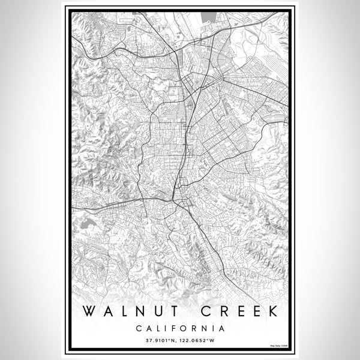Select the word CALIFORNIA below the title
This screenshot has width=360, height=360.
tap(180, 328)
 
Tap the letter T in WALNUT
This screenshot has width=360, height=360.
tap(173, 312)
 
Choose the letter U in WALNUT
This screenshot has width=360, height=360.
tap(157, 312)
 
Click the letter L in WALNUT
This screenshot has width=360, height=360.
tap(122, 312)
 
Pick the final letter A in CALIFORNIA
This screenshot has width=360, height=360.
tap(222, 328)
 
